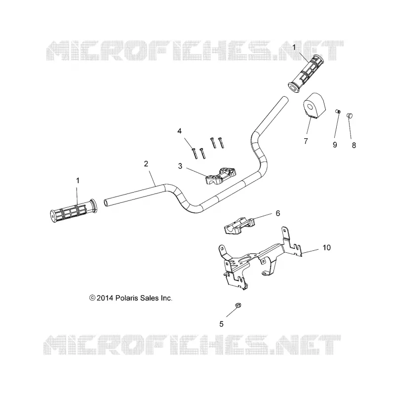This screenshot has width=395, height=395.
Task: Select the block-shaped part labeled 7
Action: (314, 106)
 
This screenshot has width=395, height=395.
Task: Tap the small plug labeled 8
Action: (350, 116)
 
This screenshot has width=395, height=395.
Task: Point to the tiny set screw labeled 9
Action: (338, 112)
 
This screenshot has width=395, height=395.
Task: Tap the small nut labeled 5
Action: (237, 306)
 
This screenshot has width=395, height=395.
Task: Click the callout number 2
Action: (146, 164)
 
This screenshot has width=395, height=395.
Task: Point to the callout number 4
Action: (179, 131)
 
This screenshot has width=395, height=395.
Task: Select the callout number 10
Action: (326, 248)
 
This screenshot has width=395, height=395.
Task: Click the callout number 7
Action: (306, 141)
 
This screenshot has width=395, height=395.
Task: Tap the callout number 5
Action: (221, 324)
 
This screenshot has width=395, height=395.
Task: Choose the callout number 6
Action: (278, 213)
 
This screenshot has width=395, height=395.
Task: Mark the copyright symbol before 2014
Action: (92, 298)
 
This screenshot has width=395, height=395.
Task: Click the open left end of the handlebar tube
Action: (106, 203)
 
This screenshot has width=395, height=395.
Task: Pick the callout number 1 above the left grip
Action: (78, 181)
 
